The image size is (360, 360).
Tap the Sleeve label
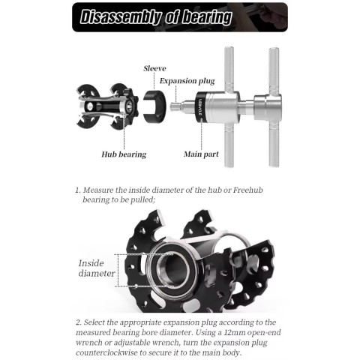point(154,68)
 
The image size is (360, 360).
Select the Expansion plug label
point(187,81)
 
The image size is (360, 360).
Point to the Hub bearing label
point(124,154)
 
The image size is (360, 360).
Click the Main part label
point(201,154)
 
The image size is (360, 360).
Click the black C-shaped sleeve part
point(154,106)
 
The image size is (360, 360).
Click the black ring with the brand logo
point(200,106)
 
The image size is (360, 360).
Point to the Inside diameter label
point(97,268)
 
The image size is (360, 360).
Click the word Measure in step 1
point(98,190)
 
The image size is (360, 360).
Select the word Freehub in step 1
point(248,190)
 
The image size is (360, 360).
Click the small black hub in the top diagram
point(107,106)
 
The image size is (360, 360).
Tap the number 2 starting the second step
point(78,322)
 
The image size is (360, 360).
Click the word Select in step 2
point(94,322)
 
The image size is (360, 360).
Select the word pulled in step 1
point(142,200)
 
